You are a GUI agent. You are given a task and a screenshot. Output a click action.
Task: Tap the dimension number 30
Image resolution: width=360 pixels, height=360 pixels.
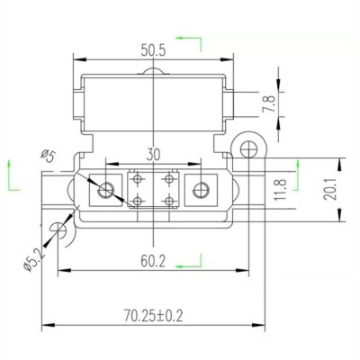click(155, 156)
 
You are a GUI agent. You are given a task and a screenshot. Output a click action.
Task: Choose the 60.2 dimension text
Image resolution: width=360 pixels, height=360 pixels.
click(154, 263)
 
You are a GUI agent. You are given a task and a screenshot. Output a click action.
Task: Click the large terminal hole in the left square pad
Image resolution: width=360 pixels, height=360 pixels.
click(108, 189)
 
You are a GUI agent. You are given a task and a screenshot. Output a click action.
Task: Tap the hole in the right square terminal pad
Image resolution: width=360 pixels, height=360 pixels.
click(200, 189)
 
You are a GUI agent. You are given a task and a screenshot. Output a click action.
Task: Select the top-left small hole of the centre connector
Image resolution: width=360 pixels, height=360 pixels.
click(139, 178)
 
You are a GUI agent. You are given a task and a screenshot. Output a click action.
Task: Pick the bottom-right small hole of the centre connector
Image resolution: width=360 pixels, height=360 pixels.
click(168, 200)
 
